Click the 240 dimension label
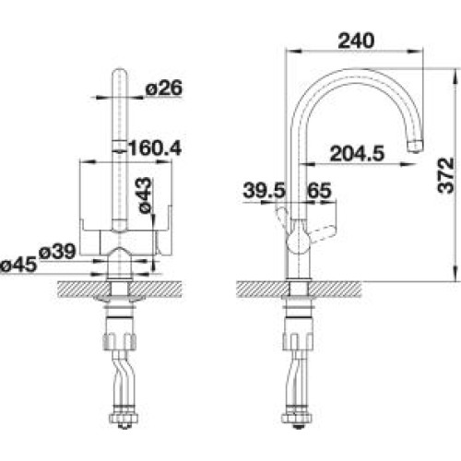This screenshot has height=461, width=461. [356, 41]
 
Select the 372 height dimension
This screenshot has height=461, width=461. [446, 175]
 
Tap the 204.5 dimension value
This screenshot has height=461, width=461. [357, 154]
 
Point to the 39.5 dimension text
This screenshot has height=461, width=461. [265, 191]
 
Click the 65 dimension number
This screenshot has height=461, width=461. [320, 191]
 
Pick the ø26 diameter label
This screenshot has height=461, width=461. [164, 88]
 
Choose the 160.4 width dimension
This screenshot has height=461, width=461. [155, 148]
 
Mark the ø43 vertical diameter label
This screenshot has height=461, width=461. [145, 195]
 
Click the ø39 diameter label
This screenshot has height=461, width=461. [57, 252]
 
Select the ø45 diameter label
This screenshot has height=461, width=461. [18, 265]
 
